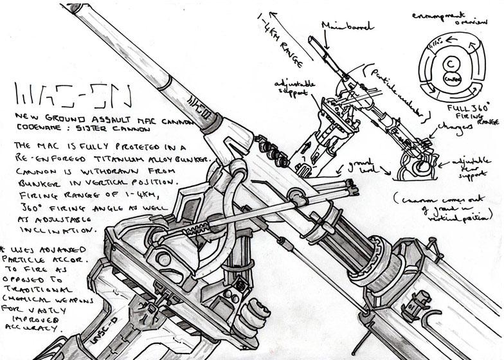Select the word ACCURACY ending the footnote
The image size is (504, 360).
42,327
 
